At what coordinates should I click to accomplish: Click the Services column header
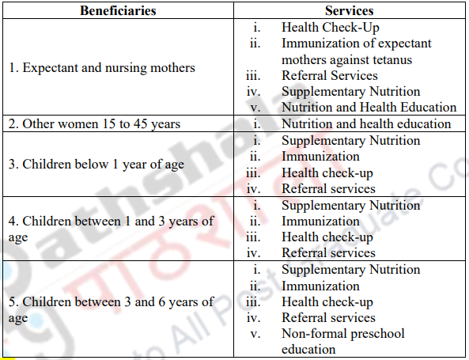point(349,11)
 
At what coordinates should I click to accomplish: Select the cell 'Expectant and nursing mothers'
point(101,68)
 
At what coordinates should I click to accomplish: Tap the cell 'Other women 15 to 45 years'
point(94,124)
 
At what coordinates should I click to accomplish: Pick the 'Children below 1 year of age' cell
point(96,165)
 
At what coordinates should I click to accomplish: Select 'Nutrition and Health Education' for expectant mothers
point(369,108)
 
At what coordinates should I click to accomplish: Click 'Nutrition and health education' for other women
point(366,124)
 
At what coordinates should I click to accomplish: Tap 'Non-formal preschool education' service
point(342,341)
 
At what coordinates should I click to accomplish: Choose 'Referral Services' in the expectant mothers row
point(330,76)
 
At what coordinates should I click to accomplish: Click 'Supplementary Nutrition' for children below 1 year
point(350,141)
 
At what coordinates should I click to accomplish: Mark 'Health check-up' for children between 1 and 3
point(327,237)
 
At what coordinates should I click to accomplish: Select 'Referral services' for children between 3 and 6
point(328,317)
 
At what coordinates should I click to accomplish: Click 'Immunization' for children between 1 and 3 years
point(320,222)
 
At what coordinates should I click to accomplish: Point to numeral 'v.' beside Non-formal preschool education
point(255,334)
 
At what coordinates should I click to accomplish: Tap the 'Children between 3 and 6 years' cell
point(110,309)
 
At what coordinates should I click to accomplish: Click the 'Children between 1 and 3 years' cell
point(110,229)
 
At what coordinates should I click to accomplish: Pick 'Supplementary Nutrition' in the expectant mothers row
point(350,92)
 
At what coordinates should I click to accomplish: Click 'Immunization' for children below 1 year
point(320,157)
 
